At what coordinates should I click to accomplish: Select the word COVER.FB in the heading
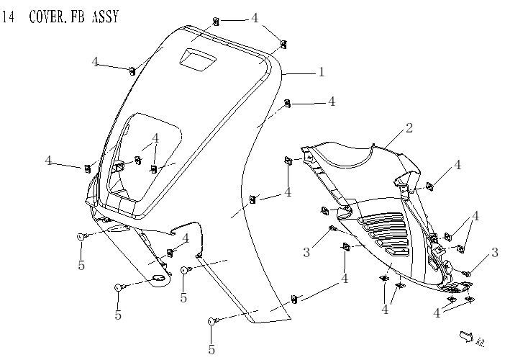tap(57, 17)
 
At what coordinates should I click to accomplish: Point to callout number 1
tap(322, 72)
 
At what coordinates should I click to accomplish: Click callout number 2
tap(409, 128)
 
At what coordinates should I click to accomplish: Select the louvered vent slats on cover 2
tap(388, 234)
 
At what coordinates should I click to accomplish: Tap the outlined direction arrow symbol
tap(465, 335)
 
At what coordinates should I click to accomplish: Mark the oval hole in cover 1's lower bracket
tap(158, 279)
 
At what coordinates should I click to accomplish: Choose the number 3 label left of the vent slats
tap(306, 252)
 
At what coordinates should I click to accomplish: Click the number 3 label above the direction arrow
tap(495, 252)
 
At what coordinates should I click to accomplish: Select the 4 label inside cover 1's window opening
tap(155, 139)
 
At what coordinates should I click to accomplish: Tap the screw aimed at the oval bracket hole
tap(120, 288)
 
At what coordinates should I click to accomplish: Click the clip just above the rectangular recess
tap(216, 22)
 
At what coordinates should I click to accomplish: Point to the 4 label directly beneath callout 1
tap(332, 102)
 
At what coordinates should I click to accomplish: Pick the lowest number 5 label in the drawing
tap(211, 350)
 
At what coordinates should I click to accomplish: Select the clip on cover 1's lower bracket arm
tap(170, 252)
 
